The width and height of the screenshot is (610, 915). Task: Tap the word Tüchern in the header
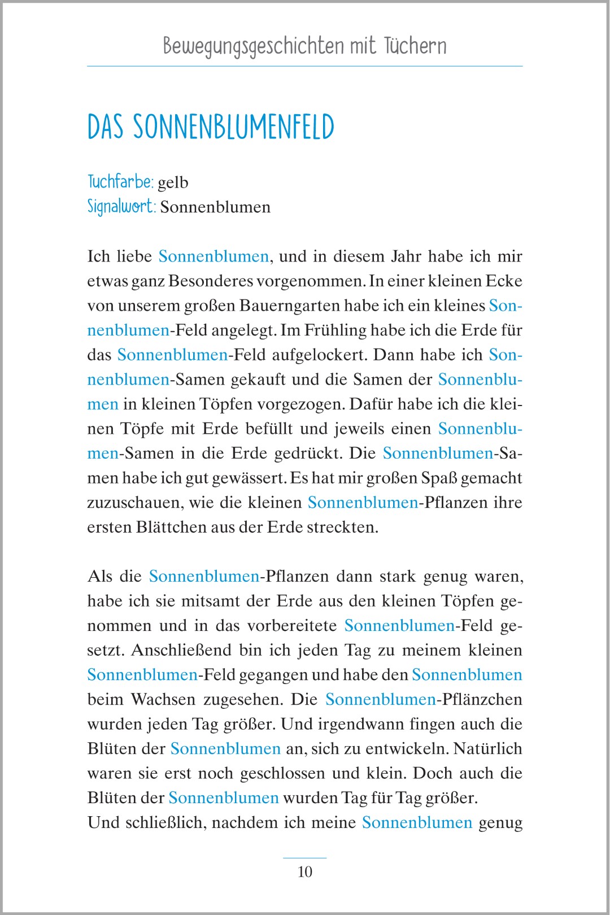pyautogui.click(x=415, y=45)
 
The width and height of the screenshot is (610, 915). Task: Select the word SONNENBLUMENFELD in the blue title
pyautogui.click(x=234, y=127)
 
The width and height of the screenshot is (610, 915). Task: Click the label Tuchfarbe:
pyautogui.click(x=120, y=182)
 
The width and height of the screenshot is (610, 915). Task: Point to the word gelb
pyautogui.click(x=173, y=182)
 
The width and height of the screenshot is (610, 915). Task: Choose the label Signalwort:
pyautogui.click(x=121, y=206)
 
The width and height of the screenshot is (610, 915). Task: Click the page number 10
pyautogui.click(x=304, y=872)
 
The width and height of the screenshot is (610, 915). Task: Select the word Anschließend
pyautogui.click(x=181, y=650)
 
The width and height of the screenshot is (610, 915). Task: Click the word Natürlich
pyautogui.click(x=487, y=748)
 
